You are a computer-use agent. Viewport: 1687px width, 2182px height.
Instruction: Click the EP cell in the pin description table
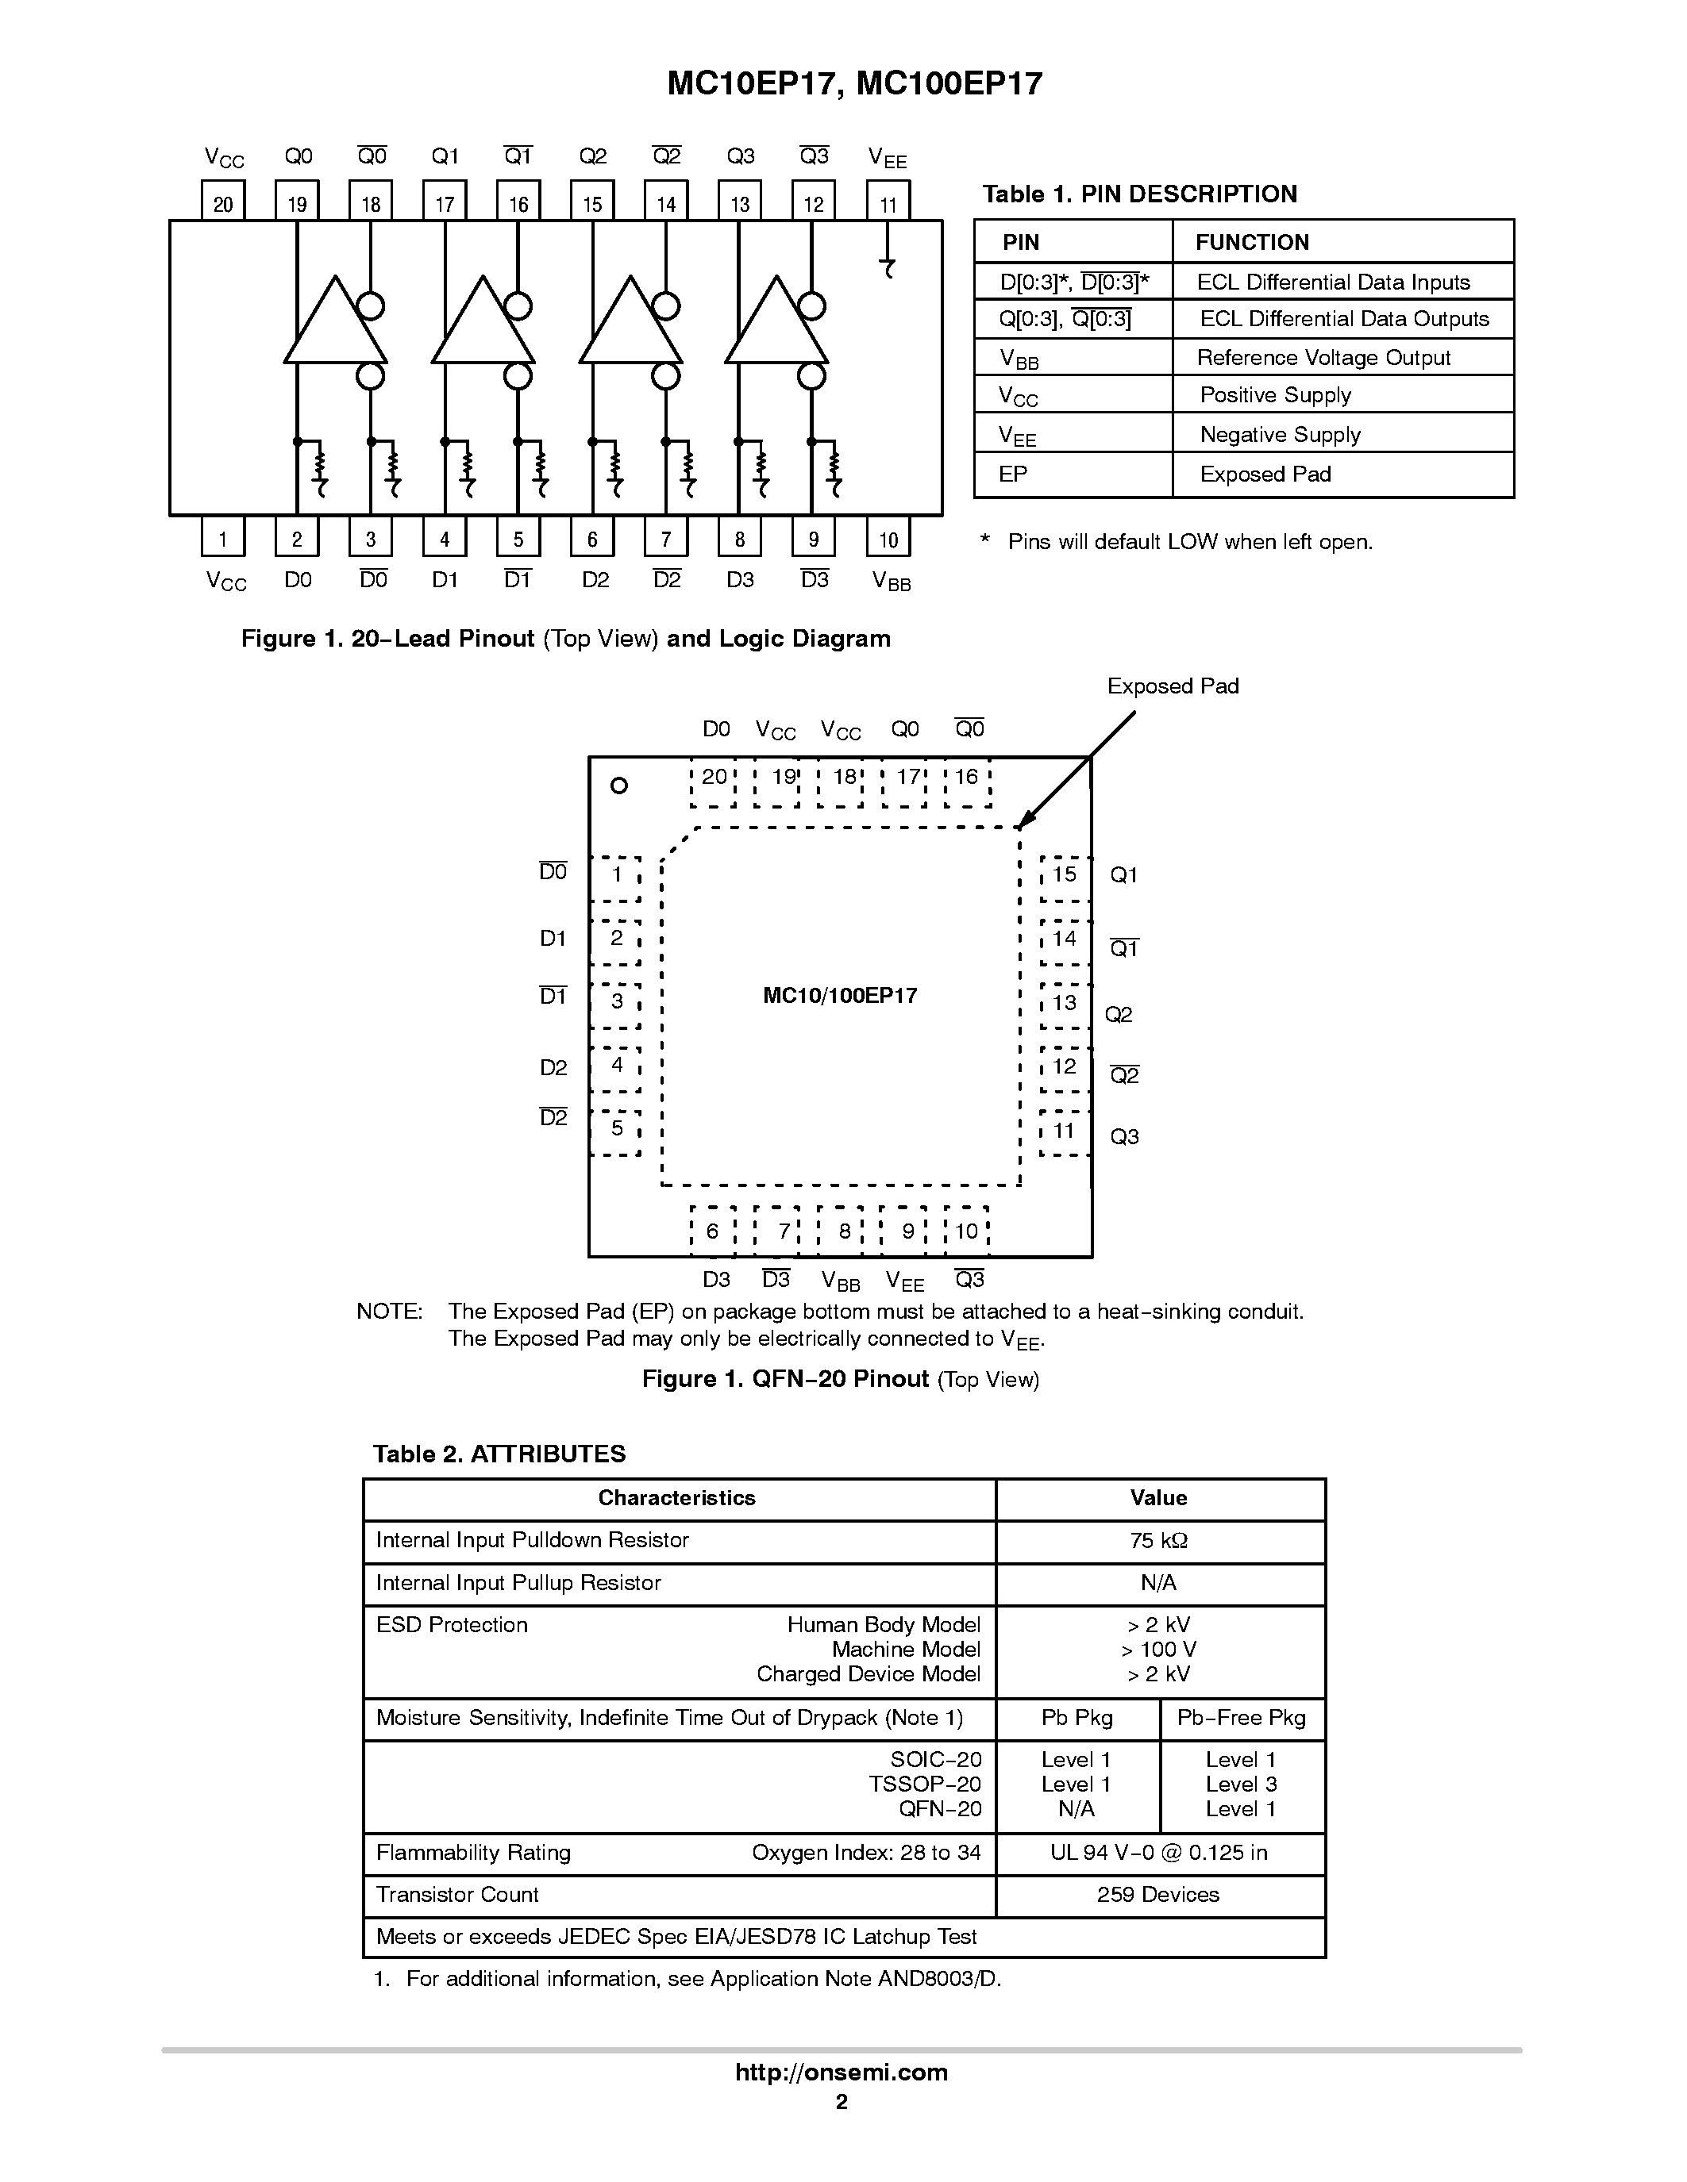(1073, 474)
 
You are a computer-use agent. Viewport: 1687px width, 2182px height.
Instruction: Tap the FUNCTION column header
(1251, 243)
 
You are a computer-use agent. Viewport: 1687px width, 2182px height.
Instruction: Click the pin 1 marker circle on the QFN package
(618, 786)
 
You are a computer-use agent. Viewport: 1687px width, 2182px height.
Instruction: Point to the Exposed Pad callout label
(1173, 686)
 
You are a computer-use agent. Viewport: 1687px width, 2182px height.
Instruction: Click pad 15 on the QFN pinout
(1063, 874)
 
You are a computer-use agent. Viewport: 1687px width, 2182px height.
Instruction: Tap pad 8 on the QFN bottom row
(845, 1231)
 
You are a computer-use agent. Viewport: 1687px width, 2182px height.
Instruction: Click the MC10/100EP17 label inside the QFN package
(839, 996)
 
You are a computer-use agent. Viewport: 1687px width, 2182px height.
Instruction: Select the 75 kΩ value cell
(1159, 1541)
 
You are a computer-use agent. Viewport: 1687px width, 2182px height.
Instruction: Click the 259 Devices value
(1158, 1894)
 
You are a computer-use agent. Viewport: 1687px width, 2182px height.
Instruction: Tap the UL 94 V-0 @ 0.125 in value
(1158, 1852)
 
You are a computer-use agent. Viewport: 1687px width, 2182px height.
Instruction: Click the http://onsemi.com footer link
(842, 2072)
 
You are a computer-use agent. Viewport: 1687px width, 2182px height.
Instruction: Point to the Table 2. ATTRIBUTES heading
(499, 1454)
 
